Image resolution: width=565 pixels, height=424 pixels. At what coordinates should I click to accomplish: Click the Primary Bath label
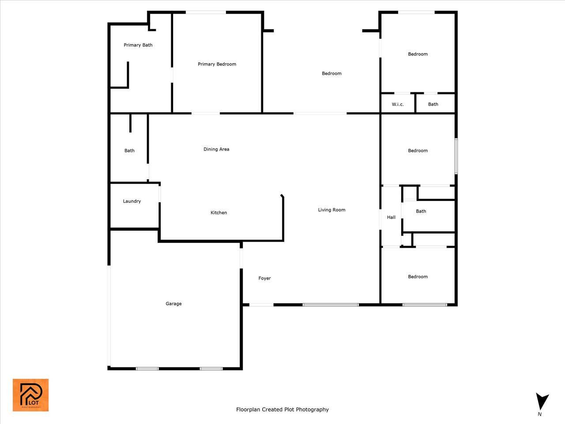(138, 45)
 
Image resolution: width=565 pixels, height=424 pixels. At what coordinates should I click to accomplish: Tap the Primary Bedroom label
(217, 64)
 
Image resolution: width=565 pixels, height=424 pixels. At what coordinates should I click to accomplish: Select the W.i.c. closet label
(398, 104)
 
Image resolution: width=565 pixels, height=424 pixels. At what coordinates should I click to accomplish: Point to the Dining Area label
(216, 149)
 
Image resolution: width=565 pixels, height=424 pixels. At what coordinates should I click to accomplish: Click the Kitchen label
(218, 212)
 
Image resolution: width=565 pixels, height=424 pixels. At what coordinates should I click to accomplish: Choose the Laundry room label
(132, 201)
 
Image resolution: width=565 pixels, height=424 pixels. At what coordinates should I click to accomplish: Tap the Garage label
(173, 303)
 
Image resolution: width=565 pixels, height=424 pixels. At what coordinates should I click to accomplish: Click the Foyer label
(264, 278)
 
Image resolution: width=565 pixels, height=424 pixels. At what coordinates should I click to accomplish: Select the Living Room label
(331, 210)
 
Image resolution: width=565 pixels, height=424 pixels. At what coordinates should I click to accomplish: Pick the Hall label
(391, 217)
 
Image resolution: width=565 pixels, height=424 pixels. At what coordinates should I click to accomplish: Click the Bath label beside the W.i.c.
(433, 104)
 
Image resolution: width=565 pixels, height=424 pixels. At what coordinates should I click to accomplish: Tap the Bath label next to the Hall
(421, 211)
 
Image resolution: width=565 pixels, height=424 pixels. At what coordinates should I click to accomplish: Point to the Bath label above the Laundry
(129, 151)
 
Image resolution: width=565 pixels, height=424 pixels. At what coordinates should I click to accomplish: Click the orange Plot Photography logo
(30, 395)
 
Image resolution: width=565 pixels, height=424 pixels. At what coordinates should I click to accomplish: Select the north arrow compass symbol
(542, 401)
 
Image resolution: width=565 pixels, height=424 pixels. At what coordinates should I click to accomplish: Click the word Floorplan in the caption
(248, 409)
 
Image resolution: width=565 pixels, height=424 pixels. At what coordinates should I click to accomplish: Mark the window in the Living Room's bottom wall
(331, 305)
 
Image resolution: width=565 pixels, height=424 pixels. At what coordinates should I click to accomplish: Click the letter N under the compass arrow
(539, 414)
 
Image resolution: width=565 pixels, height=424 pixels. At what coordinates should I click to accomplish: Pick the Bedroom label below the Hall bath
(418, 277)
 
